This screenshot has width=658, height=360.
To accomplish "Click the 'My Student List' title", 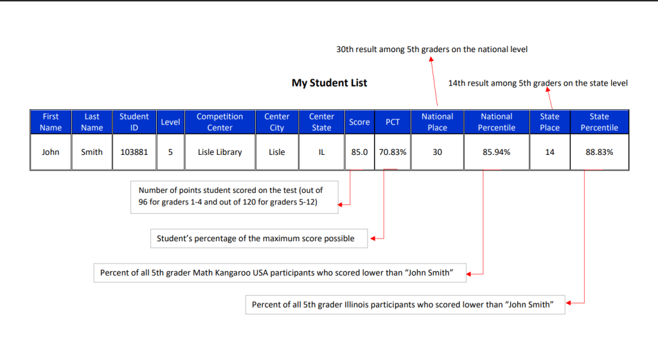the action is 330,83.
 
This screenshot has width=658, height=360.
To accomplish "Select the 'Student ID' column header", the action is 134,122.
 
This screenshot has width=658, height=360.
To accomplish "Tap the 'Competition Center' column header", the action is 220,122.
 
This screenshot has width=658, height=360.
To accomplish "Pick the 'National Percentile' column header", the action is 497,122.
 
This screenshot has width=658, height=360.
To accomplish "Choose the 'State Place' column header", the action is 550,122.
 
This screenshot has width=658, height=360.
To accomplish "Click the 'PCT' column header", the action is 393,122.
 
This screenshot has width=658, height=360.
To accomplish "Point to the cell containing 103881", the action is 134,152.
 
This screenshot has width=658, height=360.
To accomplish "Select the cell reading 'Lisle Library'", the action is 220,152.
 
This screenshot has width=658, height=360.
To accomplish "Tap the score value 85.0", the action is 359,152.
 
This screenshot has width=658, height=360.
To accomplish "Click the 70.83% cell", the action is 393,152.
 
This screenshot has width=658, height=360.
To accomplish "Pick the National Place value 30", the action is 437,152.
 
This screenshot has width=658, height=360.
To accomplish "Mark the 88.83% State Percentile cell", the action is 600,152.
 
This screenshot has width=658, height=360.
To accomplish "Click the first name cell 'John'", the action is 50,152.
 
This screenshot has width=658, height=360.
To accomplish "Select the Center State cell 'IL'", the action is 321,152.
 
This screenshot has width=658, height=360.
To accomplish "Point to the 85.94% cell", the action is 497,152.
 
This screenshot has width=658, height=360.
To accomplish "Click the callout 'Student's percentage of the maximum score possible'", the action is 259,239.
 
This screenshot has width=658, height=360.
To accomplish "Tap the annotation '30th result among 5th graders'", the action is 432,50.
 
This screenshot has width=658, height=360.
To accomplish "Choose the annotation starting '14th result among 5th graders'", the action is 538,83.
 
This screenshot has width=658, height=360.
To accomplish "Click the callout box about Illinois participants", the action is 405,305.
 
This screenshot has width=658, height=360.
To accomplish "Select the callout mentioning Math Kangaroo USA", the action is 280,273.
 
